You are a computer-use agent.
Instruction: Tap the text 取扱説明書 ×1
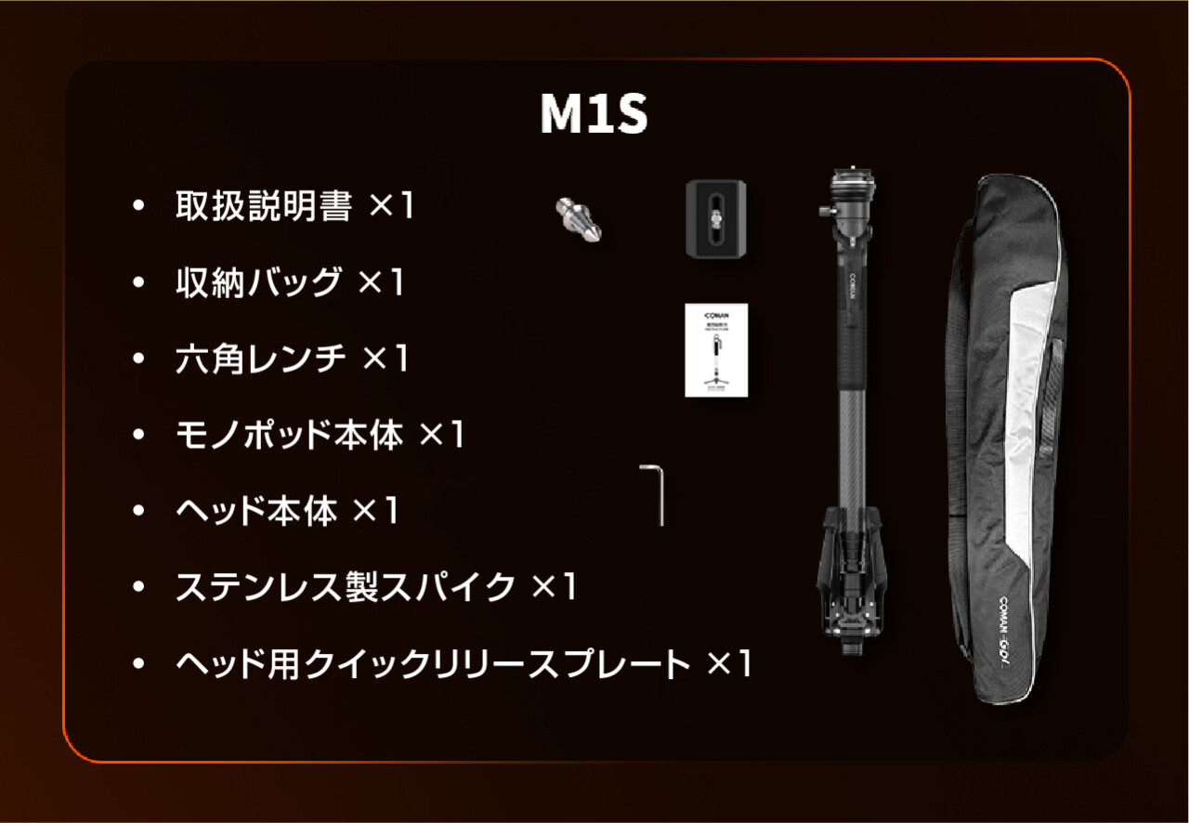(x=294, y=207)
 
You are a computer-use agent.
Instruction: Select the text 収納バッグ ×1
(x=289, y=282)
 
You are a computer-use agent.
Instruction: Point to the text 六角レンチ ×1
(x=292, y=359)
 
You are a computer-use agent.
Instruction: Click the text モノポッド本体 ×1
(x=320, y=435)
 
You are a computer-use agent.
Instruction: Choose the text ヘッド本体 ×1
(x=287, y=511)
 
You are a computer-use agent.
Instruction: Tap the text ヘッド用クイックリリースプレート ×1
(x=463, y=663)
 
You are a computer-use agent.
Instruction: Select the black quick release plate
(x=717, y=218)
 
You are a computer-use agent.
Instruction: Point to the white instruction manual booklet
(x=716, y=349)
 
